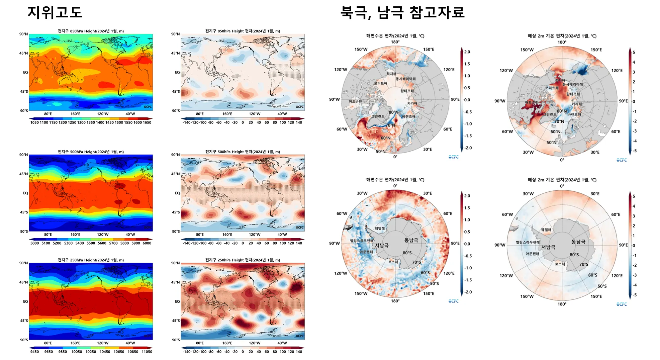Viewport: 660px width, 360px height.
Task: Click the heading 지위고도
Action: [55, 12]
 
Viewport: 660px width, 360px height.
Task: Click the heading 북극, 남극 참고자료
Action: [402, 12]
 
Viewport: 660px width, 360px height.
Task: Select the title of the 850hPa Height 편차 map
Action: [243, 31]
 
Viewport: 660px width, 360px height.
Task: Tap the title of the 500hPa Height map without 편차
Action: [91, 152]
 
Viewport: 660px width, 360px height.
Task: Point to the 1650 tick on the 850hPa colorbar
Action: [147, 122]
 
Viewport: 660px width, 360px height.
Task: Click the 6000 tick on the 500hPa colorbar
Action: [147, 243]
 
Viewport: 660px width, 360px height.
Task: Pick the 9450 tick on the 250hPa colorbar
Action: [34, 352]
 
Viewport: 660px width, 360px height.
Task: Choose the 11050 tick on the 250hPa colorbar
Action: [147, 352]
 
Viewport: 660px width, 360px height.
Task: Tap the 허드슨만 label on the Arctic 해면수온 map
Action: [355, 101]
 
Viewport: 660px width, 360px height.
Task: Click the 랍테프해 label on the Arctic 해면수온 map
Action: [407, 91]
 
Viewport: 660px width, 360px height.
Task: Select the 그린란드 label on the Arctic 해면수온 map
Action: [378, 116]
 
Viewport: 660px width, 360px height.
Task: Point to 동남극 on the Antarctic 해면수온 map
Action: [411, 240]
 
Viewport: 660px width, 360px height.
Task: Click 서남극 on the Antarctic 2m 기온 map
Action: [548, 247]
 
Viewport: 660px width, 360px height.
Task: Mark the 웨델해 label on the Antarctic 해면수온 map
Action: [380, 229]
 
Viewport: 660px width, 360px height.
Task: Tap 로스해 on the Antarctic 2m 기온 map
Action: [560, 264]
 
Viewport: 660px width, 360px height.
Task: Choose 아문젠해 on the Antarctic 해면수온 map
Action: [366, 252]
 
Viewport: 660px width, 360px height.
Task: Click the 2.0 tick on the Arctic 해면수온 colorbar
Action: [467, 52]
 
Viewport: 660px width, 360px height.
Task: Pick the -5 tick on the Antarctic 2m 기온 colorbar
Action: [634, 295]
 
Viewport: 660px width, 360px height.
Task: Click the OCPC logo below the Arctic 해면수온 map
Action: [453, 157]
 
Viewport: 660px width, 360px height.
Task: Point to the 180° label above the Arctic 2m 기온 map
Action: [562, 42]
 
